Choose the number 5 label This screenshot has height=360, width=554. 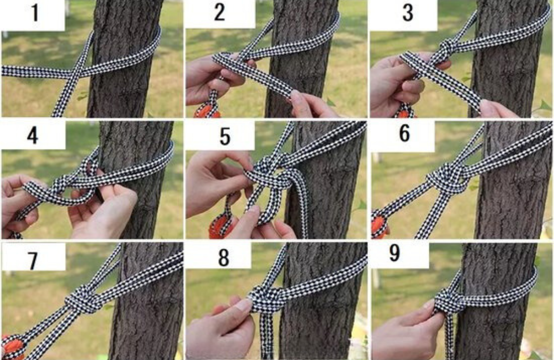(225, 136)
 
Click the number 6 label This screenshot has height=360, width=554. (404, 133)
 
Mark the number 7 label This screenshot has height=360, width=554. (33, 261)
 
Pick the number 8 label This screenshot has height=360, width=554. (224, 258)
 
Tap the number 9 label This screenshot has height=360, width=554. (394, 253)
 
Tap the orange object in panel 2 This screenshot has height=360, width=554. (207, 110)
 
